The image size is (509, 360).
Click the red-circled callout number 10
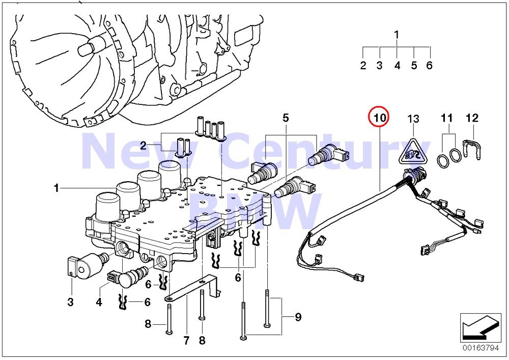(379, 117)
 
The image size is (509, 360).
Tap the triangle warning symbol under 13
(413, 149)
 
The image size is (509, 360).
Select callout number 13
(413, 119)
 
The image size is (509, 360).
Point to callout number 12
(472, 118)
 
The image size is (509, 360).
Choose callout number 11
(446, 118)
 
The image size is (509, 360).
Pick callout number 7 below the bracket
(186, 340)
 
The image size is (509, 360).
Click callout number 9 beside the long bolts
(298, 317)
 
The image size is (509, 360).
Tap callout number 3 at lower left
(70, 302)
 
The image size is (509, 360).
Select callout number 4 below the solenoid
(99, 302)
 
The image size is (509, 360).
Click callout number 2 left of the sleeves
(144, 146)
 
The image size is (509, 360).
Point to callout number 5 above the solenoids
(286, 118)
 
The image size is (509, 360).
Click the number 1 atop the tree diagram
(397, 35)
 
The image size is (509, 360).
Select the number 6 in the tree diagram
(429, 66)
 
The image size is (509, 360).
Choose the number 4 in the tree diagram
(397, 66)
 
